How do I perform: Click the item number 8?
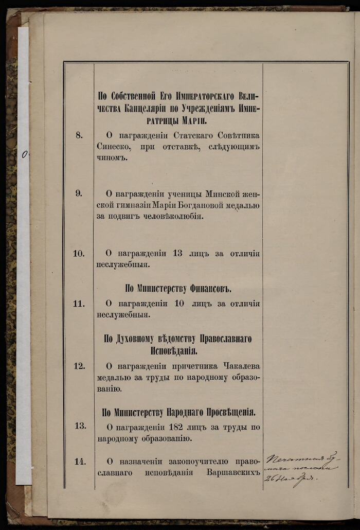tap(79, 135)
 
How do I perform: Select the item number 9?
tap(79, 193)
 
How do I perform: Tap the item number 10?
tap(79, 253)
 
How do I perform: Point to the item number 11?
tap(79, 303)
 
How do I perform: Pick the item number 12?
tap(79, 366)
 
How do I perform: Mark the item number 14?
tap(80, 461)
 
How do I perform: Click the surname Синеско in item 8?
tap(113, 147)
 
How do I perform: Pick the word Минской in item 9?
tap(224, 194)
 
